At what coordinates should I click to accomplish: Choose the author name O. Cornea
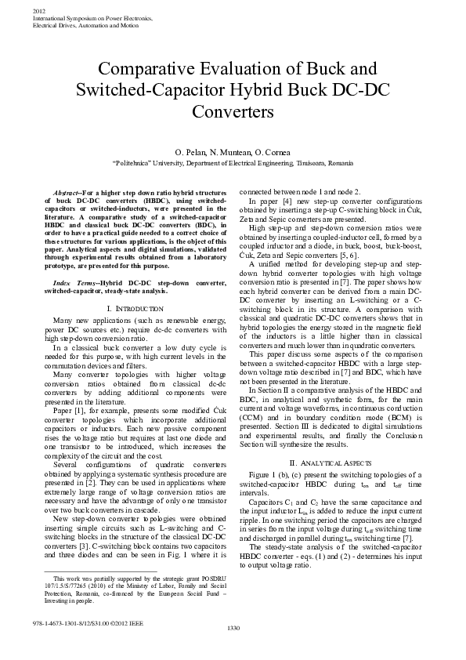click(274, 151)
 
